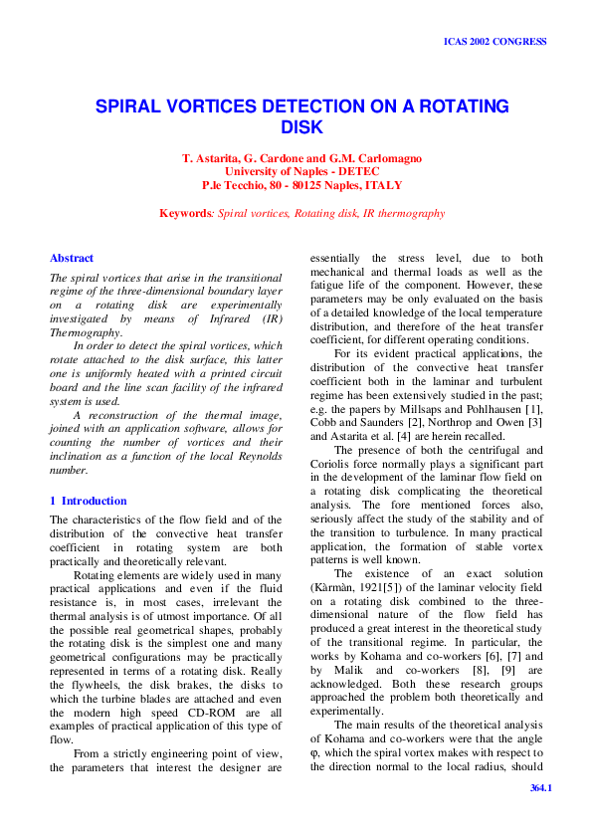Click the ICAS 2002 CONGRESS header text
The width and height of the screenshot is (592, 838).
(494, 43)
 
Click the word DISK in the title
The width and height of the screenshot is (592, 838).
(302, 127)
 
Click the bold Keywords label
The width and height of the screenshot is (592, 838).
(185, 213)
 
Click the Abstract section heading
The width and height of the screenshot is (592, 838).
(72, 258)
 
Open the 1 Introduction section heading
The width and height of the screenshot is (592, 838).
(89, 501)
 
